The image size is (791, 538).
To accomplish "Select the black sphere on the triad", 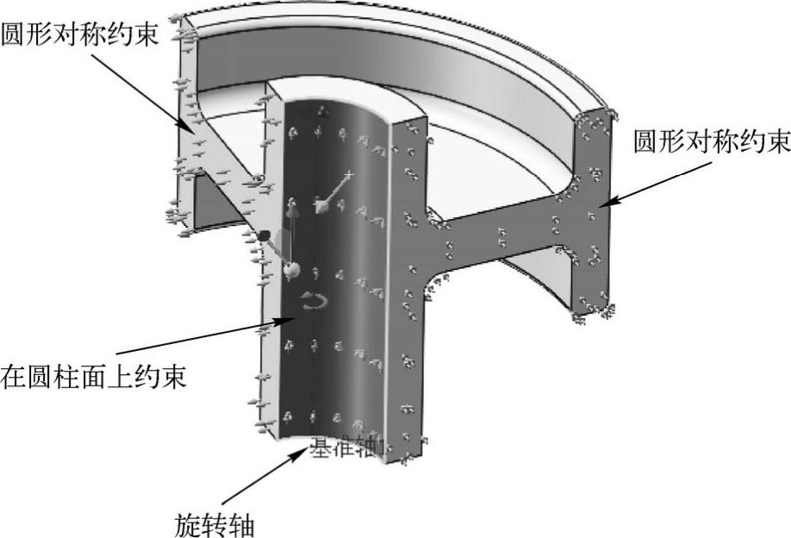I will tap(265, 235).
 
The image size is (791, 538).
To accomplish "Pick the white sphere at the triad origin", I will tap(291, 271).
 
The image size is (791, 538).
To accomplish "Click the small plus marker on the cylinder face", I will tap(348, 175).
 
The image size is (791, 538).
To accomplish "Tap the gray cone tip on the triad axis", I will tap(321, 204).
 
